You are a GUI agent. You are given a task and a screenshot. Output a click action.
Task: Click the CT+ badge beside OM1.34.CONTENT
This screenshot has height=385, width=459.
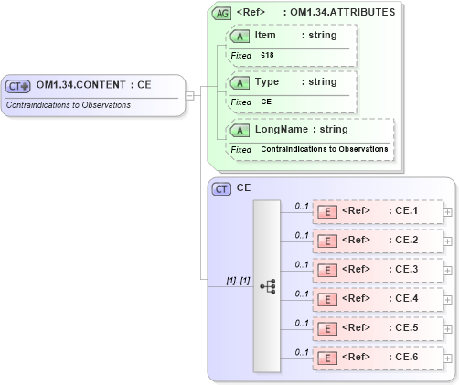pos(18,86)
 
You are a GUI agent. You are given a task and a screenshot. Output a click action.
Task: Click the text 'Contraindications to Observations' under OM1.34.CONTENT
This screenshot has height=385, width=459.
pos(69,105)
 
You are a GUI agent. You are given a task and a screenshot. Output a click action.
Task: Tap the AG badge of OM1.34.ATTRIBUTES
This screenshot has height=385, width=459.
pos(221,14)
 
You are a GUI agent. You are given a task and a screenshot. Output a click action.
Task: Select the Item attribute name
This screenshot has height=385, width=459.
pos(265,36)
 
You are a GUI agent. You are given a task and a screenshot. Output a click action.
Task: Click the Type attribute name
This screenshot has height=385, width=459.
pos(267,82)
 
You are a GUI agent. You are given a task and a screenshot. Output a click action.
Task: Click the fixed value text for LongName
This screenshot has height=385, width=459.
pos(324,149)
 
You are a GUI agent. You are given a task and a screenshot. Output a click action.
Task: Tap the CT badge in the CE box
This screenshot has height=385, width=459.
pos(221,188)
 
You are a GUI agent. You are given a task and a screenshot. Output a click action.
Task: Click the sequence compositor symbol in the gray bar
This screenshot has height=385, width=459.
pos(267,286)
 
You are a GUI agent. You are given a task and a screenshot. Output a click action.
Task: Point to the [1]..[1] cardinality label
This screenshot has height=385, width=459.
pos(239,280)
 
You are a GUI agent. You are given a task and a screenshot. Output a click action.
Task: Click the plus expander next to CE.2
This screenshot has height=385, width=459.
pos(447,241)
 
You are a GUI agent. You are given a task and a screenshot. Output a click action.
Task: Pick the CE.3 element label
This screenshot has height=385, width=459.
pos(404,270)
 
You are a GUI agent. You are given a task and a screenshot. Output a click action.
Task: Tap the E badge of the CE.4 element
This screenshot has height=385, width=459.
pos(326,298)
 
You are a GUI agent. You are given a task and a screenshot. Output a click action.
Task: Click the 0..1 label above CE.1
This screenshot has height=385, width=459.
pos(300,206)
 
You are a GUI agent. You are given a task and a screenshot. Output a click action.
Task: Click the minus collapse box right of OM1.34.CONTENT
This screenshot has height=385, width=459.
pos(189,94)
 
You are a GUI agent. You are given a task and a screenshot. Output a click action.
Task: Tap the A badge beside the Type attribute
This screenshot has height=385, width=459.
pos(240,82)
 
